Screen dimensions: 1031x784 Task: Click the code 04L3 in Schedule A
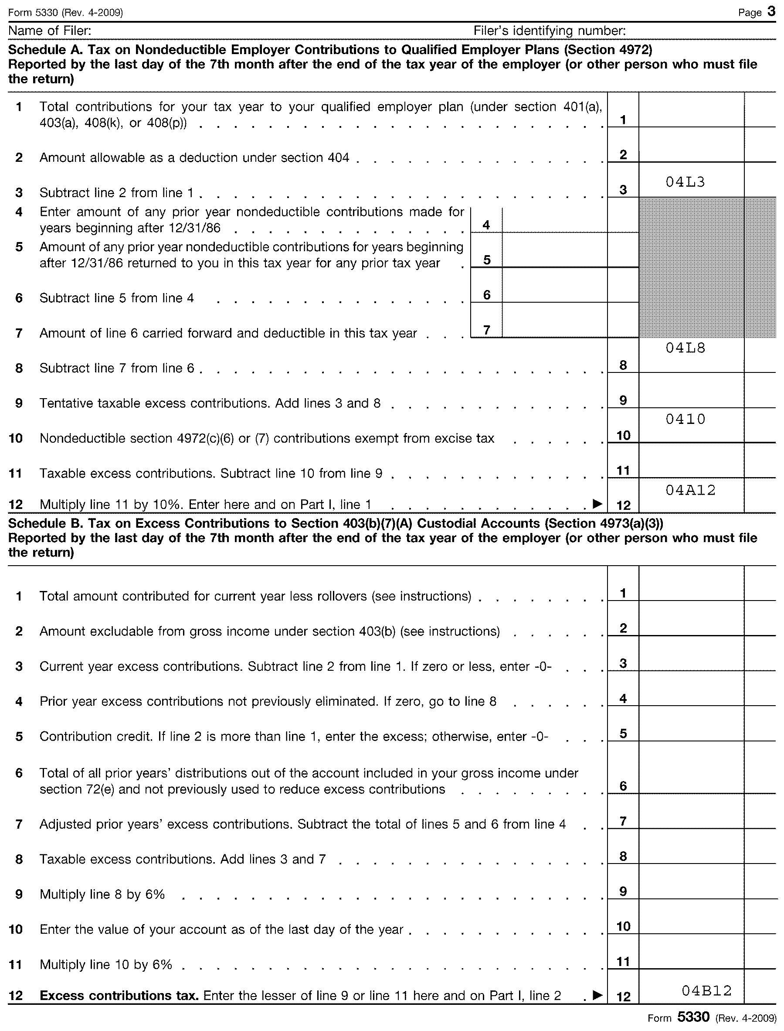click(x=685, y=182)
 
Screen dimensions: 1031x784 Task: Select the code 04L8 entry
click(x=685, y=348)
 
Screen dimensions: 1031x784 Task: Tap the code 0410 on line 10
click(x=685, y=419)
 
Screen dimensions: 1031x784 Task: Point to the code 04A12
click(x=690, y=490)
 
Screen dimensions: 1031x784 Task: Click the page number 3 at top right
click(x=771, y=12)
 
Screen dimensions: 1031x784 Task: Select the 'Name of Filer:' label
click(x=50, y=31)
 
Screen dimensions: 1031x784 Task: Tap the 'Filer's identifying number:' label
click(x=549, y=31)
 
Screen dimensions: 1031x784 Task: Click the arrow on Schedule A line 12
click(x=597, y=503)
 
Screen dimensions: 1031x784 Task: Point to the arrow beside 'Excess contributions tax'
click(x=597, y=995)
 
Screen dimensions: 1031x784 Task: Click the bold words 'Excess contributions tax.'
click(x=119, y=996)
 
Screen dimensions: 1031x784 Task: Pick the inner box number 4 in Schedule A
click(x=486, y=225)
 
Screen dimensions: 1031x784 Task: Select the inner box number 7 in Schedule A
click(x=486, y=330)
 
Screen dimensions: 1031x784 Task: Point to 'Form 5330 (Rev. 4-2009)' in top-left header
click(x=65, y=13)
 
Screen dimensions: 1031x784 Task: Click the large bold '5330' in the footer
click(x=693, y=1017)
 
